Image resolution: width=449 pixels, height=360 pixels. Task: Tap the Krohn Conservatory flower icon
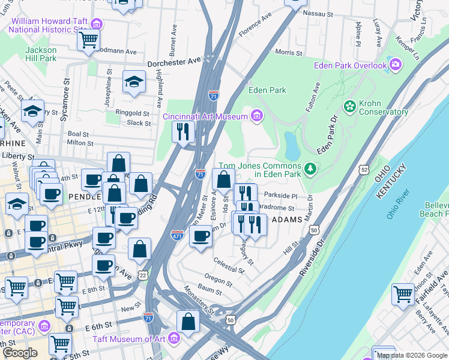point(350,107)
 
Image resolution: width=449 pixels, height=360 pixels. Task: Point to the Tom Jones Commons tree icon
point(310,170)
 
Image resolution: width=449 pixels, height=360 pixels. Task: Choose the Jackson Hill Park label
point(41,54)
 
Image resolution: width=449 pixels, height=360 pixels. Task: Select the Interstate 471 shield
point(177,234)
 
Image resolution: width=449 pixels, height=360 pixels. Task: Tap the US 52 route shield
point(365,170)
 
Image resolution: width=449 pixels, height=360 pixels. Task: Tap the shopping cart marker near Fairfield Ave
point(403,294)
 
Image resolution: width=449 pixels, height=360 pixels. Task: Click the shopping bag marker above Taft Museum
point(188,321)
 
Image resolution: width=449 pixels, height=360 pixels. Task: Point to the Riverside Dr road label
point(312,258)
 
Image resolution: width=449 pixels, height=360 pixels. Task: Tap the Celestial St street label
point(229,266)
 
